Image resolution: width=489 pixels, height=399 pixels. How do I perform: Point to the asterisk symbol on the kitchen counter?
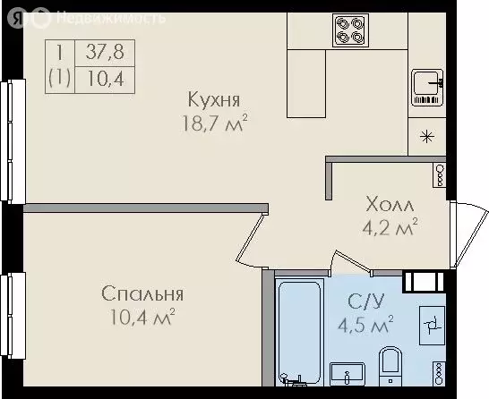tap(428, 136)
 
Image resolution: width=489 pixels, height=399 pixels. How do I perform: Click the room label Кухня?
tap(213, 98)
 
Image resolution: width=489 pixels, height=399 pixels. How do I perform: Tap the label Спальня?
tap(142, 294)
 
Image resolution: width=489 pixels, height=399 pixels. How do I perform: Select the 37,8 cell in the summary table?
tap(104, 51)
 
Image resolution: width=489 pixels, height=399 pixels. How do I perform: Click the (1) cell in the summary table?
tap(58, 77)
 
